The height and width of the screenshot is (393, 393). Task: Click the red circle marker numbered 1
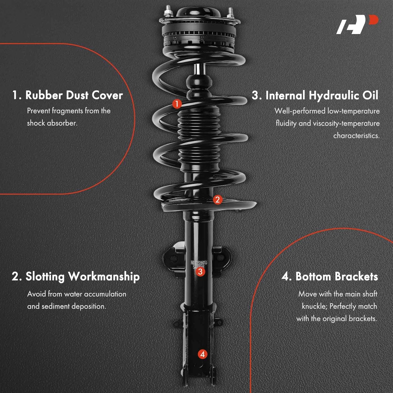[177, 104]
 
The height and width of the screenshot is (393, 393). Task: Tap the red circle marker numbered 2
[217, 200]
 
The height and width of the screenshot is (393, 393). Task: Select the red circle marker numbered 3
[200, 272]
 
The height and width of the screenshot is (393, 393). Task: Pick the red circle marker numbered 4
[202, 354]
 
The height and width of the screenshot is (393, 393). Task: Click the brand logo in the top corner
[357, 24]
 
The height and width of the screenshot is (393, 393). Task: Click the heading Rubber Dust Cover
[68, 95]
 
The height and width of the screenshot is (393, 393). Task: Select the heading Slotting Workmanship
[76, 277]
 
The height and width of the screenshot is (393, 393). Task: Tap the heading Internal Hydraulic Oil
[315, 95]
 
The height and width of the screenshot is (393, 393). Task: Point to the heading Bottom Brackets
[330, 277]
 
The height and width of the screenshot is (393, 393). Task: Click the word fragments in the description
[68, 111]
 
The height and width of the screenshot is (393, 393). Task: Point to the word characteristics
[356, 136]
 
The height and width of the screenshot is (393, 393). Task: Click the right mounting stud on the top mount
[230, 13]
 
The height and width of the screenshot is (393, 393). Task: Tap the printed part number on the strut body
[199, 263]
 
